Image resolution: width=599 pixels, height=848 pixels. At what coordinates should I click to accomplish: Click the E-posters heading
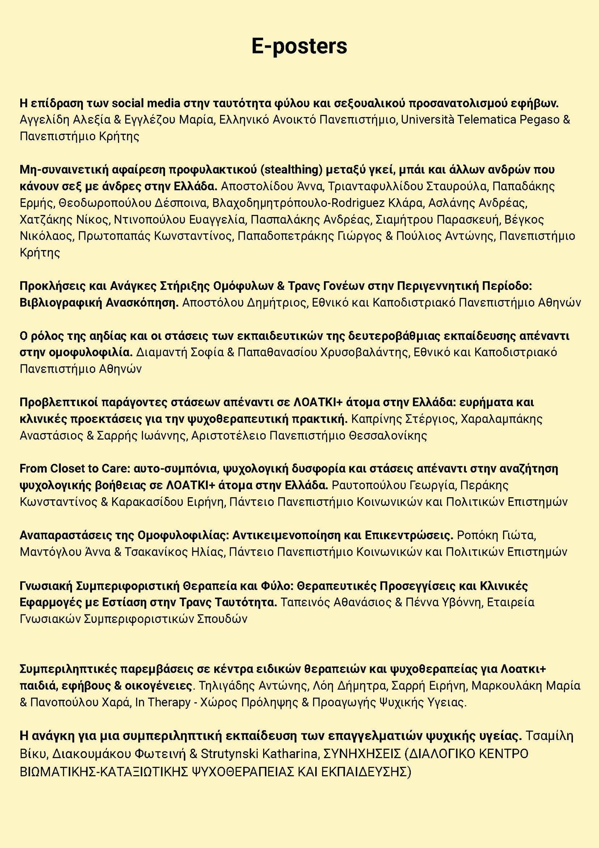coord(299,46)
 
